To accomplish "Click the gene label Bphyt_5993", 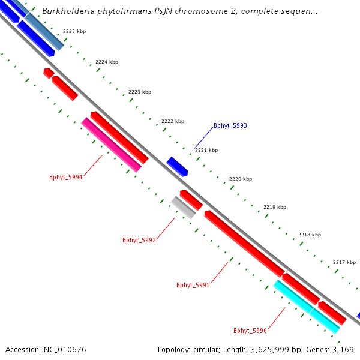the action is [x=230, y=126].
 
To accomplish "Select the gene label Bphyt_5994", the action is [x=66, y=177].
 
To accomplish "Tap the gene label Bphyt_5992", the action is [x=139, y=240].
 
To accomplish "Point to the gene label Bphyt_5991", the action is [x=193, y=285].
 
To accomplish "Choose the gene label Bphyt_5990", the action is [x=250, y=331].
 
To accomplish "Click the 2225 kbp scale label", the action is [x=74, y=31].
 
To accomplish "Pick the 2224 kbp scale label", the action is [x=107, y=62].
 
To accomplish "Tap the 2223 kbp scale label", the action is [x=140, y=92].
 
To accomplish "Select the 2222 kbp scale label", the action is [x=173, y=121].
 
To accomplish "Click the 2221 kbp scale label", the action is [x=206, y=150].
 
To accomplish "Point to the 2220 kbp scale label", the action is [x=241, y=179].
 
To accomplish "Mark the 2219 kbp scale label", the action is [x=275, y=207].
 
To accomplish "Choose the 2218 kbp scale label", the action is [x=310, y=235].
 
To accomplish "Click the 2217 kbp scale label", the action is [x=344, y=262].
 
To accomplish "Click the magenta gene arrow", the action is [x=112, y=145].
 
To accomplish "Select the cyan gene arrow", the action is [x=306, y=306].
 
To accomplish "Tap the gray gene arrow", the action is [x=183, y=207].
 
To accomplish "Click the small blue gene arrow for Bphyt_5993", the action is [x=177, y=166].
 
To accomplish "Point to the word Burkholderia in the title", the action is [x=67, y=11].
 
